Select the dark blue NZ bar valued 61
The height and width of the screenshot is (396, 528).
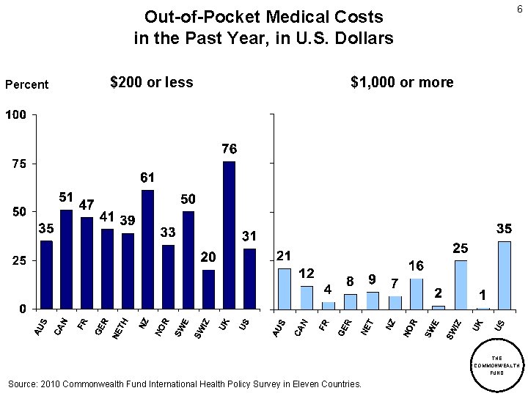coord(147,249)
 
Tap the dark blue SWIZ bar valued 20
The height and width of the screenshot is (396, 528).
coord(209,289)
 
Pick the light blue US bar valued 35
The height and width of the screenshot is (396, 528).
coord(504,275)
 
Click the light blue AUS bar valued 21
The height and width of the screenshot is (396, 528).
coord(285,288)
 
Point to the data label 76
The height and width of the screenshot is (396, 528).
coord(229,149)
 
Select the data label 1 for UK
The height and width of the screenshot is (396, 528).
coord(482,295)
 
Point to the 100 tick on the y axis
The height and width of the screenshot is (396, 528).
coord(15,115)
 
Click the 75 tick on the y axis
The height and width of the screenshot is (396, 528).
coord(18,164)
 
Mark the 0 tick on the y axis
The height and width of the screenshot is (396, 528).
coord(23,309)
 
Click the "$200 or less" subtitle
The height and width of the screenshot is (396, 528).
coord(151,82)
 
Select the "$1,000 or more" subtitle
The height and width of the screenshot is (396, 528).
coord(402,82)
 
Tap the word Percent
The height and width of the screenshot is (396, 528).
coord(26,84)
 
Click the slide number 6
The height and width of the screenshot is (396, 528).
coord(519,9)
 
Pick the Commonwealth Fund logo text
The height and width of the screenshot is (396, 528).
coord(496,365)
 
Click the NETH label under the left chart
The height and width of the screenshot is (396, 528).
coord(120,328)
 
